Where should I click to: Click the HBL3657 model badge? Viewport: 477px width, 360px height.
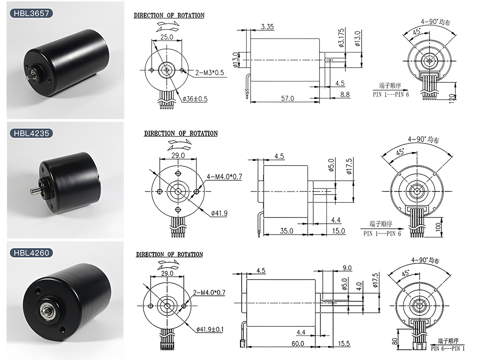[x=31, y=13]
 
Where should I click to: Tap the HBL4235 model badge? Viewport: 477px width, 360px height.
[x=31, y=133]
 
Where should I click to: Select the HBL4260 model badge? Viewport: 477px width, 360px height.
[x=31, y=253]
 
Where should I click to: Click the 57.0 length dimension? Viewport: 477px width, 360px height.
[x=288, y=98]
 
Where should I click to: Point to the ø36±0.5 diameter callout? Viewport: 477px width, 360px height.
[x=195, y=99]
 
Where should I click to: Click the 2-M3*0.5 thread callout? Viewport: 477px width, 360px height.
[x=209, y=73]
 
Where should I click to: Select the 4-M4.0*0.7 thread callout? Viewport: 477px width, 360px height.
[x=225, y=176]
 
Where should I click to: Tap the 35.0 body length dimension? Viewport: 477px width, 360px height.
[x=287, y=231]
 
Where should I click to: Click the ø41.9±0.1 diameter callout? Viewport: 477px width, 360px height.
[x=209, y=329]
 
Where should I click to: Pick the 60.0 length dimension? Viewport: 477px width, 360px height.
[x=298, y=343]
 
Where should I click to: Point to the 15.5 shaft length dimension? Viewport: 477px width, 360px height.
[x=344, y=343]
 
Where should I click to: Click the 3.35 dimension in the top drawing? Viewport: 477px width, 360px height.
[x=268, y=27]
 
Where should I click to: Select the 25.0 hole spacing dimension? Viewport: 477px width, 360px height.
[x=167, y=37]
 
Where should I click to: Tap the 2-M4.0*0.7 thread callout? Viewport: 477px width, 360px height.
[x=209, y=292]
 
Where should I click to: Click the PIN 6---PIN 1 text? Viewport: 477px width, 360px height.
[x=448, y=348]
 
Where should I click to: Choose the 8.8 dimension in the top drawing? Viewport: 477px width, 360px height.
[x=345, y=94]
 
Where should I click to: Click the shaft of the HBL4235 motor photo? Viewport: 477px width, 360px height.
[x=35, y=191]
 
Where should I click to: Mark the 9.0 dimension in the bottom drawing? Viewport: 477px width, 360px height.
[x=347, y=268]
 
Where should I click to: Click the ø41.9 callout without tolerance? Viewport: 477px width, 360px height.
[x=219, y=213]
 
